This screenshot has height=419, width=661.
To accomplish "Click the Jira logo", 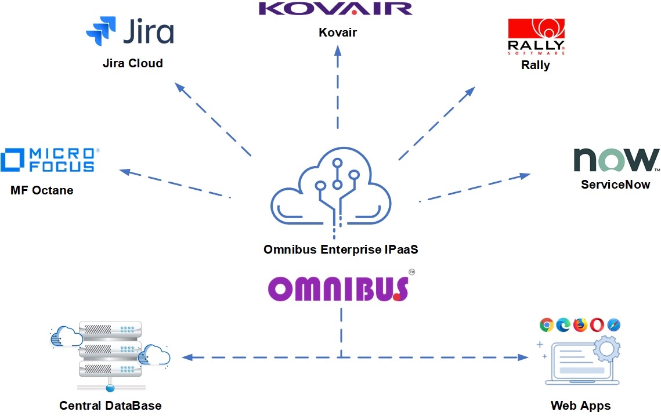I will click(130, 31).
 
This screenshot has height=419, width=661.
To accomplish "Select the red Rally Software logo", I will click(536, 37).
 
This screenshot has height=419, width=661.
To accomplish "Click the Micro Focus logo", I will click(50, 160).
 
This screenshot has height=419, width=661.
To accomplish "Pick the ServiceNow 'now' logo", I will click(616, 160).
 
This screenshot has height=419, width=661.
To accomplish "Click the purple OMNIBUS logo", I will click(338, 288).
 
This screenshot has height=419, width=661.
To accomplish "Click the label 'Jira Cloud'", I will click(132, 63).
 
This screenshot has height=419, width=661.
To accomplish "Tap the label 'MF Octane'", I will click(42, 190).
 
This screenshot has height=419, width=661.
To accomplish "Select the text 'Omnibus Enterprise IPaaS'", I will click(341, 250).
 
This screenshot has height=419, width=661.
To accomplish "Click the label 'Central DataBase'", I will click(110, 406).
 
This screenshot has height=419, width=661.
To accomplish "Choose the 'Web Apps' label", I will click(580, 406).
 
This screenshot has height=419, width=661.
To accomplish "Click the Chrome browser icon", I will click(546, 325).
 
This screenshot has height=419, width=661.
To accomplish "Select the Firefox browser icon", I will click(580, 325).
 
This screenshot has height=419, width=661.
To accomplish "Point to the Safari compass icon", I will click(613, 325).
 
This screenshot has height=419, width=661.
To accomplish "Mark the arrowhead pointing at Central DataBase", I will click(187, 357).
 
